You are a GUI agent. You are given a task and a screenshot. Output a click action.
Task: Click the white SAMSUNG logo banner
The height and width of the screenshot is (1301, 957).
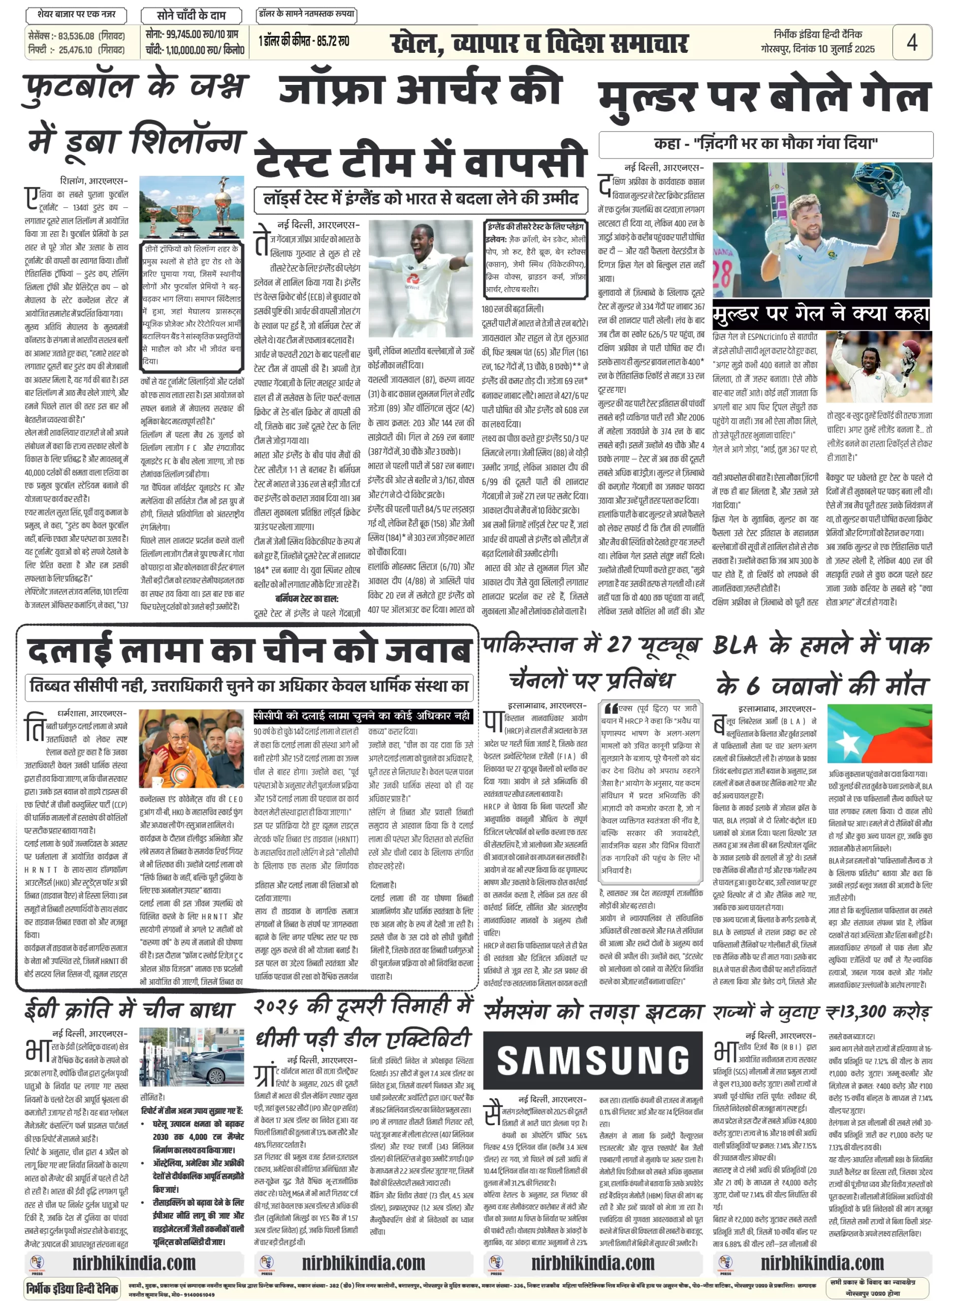[593, 1060]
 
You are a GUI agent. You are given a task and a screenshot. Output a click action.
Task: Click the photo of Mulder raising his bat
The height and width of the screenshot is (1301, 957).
[821, 230]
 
